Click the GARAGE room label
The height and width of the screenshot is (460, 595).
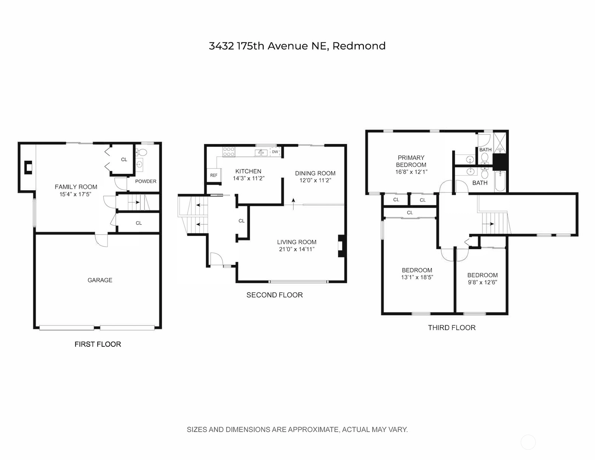click(x=100, y=280)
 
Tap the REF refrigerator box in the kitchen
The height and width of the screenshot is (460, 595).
click(x=214, y=175)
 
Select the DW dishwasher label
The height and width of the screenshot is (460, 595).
click(x=275, y=152)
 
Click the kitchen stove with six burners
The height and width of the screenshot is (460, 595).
click(x=229, y=152)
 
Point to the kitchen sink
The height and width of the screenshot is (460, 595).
click(x=261, y=153)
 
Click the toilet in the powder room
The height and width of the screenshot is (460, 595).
click(x=142, y=152)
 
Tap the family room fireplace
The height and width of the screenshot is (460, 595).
click(x=28, y=168)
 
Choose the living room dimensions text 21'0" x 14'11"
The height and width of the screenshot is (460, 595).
click(x=297, y=249)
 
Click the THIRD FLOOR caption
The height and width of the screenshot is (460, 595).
click(x=452, y=327)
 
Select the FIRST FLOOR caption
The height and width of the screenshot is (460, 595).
click(x=98, y=344)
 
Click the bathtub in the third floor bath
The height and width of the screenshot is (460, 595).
click(x=500, y=181)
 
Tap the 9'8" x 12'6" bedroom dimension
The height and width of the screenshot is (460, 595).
click(x=482, y=282)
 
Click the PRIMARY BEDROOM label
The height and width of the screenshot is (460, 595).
click(x=411, y=161)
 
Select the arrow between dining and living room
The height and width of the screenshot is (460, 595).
click(x=293, y=204)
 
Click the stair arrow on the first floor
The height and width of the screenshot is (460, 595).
click(x=134, y=202)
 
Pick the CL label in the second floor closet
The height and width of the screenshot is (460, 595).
click(x=242, y=221)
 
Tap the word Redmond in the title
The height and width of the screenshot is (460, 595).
click(x=359, y=46)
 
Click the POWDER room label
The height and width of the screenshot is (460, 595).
click(x=146, y=181)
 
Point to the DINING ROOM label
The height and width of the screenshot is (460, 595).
click(x=315, y=173)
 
